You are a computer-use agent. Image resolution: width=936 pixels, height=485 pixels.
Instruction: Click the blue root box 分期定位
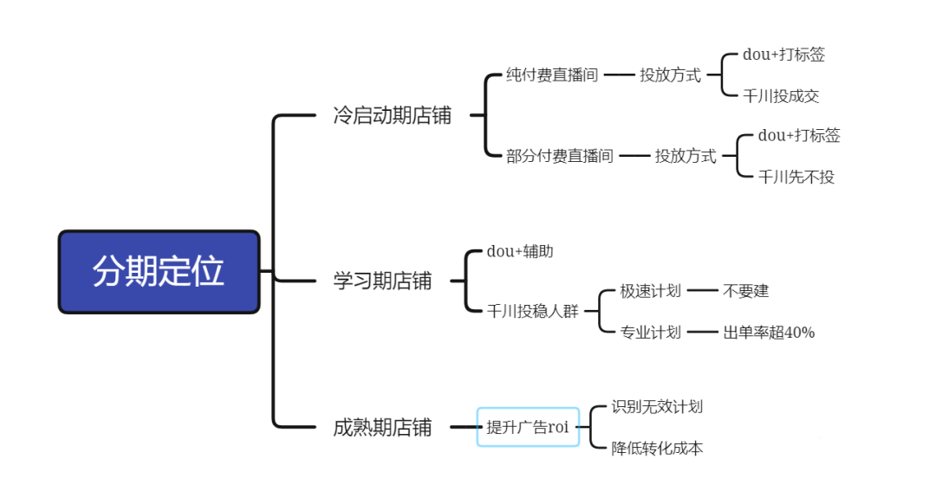coord(159,271)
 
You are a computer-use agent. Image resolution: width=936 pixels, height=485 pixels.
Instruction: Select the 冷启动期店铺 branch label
coord(392,116)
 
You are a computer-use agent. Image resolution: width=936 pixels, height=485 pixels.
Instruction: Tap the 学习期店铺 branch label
coord(382,281)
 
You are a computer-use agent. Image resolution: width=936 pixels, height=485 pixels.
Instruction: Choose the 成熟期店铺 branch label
coord(382,427)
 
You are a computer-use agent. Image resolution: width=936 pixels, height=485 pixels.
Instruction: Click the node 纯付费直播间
coord(552,75)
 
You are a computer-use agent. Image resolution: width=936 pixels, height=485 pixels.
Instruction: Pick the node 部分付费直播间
coord(560,157)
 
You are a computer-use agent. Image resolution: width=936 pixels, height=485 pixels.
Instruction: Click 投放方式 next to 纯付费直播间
coord(670,75)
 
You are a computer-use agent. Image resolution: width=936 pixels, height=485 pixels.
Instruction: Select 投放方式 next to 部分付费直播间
coord(686,157)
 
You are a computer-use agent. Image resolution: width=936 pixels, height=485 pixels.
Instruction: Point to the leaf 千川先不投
coord(796,178)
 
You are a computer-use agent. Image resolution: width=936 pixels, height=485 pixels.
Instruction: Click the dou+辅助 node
coord(520,252)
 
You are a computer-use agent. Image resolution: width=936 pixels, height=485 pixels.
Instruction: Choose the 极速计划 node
coord(650,291)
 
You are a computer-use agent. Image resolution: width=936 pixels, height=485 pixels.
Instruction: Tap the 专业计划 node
coord(650,333)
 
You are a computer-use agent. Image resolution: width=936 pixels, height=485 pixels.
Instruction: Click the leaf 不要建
coord(745,291)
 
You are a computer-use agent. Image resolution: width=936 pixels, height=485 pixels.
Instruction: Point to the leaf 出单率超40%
coord(769,333)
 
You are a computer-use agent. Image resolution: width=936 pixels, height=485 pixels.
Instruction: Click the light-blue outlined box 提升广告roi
coord(528,427)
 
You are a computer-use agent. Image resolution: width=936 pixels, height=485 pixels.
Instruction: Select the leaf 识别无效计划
coord(657,406)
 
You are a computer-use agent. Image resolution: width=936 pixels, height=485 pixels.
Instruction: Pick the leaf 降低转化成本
coord(657,449)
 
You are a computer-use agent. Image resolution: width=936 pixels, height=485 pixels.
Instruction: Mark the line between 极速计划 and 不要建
coord(702,291)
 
